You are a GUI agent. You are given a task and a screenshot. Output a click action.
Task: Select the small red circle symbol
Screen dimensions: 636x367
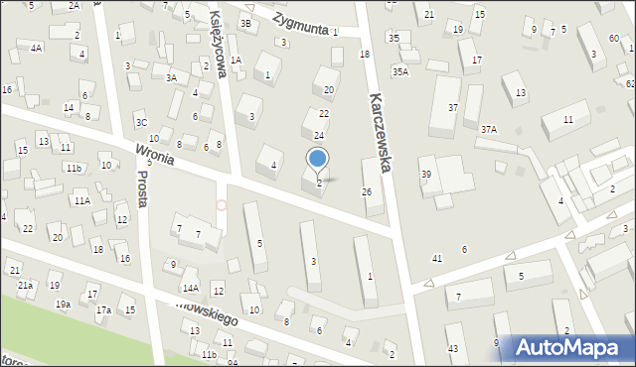pyautogui.click(x=221, y=205)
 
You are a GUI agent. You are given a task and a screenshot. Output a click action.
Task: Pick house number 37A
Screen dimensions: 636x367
pyautogui.click(x=488, y=129)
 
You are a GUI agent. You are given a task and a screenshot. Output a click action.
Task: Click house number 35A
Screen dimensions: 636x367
pyautogui.click(x=399, y=71)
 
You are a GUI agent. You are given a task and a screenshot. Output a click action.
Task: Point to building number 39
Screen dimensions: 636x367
pyautogui.click(x=425, y=175)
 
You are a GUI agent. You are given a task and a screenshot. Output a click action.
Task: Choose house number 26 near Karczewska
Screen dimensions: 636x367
pyautogui.click(x=367, y=191)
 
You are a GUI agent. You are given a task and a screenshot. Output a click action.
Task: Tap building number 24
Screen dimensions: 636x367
pyautogui.click(x=319, y=135)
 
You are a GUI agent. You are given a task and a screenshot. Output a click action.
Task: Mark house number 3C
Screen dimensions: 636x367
pyautogui.click(x=141, y=123)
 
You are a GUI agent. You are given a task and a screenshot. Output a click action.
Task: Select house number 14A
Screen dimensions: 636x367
pyautogui.click(x=190, y=288)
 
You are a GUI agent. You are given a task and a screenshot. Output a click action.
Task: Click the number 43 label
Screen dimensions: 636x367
pyautogui.click(x=452, y=348)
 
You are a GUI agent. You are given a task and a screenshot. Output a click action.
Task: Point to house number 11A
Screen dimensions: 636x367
pyautogui.click(x=81, y=200)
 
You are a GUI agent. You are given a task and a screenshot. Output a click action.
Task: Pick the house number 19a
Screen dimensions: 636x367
pyautogui.click(x=63, y=304)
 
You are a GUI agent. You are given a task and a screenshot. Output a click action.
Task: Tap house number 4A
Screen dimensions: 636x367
pyautogui.click(x=36, y=47)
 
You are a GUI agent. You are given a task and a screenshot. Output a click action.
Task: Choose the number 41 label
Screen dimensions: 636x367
pyautogui.click(x=436, y=258)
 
